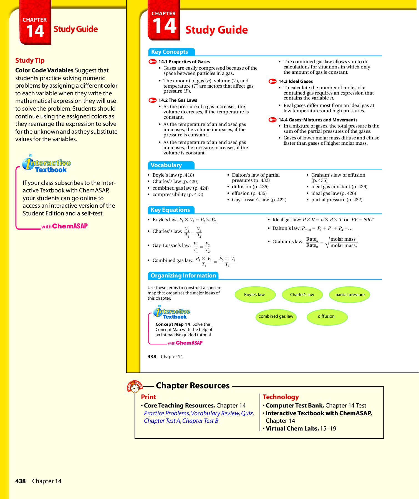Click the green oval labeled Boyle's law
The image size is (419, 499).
tap(255, 295)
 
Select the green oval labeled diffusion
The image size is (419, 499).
tap(327, 317)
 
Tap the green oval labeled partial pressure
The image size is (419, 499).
tap(350, 295)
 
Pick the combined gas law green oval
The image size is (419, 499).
tap(276, 317)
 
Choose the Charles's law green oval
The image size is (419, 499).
tap(302, 295)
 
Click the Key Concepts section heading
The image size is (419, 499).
tap(170, 52)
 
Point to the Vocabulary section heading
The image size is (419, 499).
tap(166, 166)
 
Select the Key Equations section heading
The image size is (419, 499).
tap(170, 210)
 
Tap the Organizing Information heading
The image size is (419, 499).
tap(183, 276)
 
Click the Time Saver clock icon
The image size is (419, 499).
tap(135, 387)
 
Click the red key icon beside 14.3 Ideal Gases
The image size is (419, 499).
tap(272, 81)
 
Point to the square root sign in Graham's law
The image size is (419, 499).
tap(327, 242)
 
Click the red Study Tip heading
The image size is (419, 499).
tap(30, 60)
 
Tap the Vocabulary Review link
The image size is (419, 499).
tap(215, 413)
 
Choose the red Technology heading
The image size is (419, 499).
tap(281, 397)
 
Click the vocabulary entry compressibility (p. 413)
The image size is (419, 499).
tap(178, 195)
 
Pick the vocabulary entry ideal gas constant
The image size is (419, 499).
tap(339, 187)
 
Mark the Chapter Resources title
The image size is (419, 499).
tap(193, 386)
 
